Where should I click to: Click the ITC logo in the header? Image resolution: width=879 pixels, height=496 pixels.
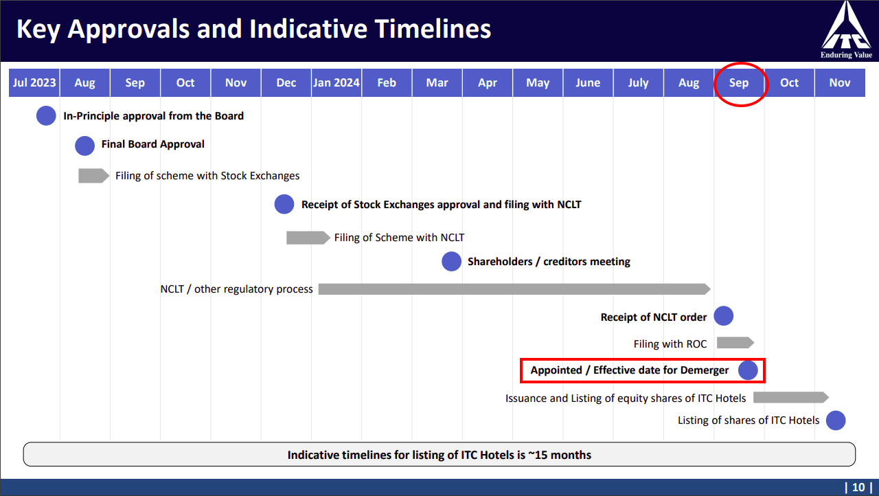pos(847,30)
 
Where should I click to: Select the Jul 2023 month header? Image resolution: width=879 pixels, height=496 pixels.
pos(34,83)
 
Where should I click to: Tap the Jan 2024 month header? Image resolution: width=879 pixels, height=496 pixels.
pos(336,83)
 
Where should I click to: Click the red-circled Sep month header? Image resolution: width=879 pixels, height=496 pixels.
pos(739,83)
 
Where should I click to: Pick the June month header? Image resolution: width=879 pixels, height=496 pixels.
pos(588,83)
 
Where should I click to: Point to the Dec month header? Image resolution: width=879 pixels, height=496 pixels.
pos(286,83)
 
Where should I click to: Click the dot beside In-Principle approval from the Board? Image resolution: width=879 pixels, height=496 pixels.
pos(46,116)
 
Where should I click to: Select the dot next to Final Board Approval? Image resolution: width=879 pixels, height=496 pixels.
pos(84,146)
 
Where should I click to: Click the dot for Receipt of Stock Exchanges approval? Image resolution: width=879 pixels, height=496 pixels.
pos(284,204)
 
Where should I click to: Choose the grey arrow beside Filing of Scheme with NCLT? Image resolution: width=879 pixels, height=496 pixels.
pos(308,238)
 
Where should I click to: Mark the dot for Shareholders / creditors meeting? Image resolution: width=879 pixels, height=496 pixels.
pos(451,261)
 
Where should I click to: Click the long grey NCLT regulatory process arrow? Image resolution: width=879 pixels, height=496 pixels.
pos(514,289)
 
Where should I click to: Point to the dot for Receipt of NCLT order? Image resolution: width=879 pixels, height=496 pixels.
pos(724,316)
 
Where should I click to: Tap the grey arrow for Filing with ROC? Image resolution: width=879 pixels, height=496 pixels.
pos(735,343)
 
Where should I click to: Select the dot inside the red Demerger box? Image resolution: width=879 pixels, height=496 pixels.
pos(748,370)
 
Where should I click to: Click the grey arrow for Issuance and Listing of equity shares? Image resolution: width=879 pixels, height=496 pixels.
pos(791,398)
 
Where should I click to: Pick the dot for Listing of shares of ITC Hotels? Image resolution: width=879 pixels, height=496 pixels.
pos(836,420)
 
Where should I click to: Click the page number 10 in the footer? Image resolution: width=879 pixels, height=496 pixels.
pos(858,487)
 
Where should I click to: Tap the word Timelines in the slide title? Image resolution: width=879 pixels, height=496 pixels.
pos(433,29)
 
